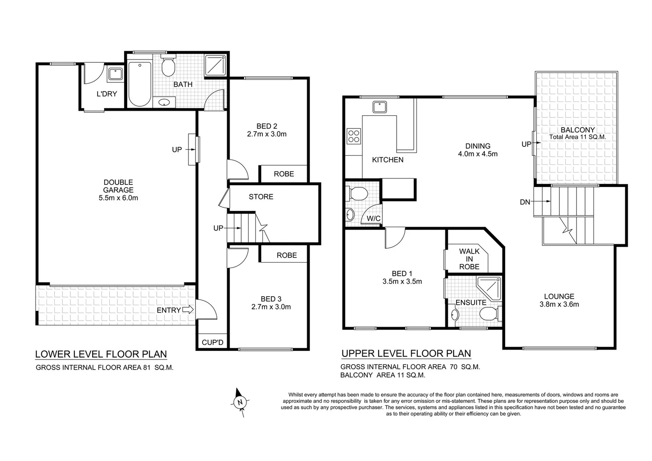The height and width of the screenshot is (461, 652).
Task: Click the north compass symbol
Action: [240, 402]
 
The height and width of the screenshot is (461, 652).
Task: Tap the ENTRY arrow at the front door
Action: [188, 310]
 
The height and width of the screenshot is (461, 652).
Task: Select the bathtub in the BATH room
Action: [140, 84]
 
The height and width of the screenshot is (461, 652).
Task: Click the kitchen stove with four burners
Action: [354, 136]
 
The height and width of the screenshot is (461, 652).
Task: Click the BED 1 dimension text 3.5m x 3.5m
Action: [402, 281]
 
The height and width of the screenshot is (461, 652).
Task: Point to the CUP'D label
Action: [212, 342]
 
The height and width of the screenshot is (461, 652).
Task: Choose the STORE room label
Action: [261, 197]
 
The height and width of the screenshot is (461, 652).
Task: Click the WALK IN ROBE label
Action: [469, 259]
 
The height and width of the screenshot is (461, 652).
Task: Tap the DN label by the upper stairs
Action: [525, 202]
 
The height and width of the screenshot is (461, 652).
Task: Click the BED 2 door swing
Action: [238, 169]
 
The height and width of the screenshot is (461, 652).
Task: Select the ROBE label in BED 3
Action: [286, 255]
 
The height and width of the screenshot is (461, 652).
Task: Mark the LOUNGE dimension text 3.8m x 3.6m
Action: [559, 304]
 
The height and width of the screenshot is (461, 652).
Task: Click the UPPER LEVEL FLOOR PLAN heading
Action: [406, 353]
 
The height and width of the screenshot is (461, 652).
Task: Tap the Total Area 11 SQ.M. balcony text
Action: [577, 137]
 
